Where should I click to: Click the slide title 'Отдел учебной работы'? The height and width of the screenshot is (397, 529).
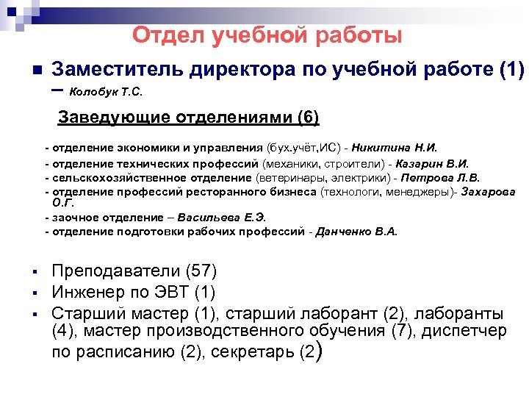point(267,35)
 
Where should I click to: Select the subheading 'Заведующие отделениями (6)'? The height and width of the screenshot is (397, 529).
point(189,118)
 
